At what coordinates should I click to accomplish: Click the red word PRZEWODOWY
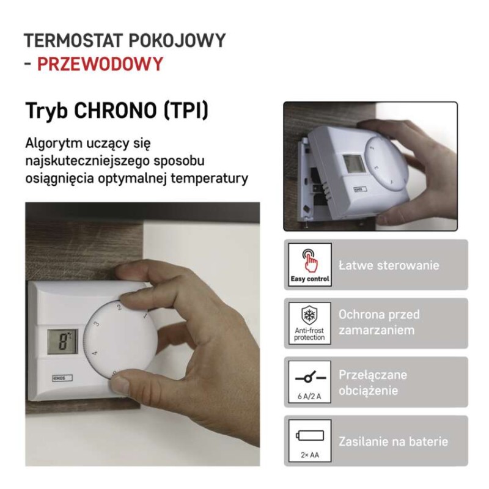[x=100, y=64]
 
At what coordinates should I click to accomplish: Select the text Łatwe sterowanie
[x=389, y=266]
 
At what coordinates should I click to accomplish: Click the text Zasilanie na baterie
[x=394, y=441]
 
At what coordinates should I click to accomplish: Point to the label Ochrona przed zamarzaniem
[x=379, y=322]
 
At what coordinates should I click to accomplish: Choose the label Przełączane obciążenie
[x=373, y=382]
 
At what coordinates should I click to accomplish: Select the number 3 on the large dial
[x=97, y=325]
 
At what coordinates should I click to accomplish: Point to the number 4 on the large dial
[x=94, y=353]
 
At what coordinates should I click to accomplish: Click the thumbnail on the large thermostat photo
[x=121, y=384]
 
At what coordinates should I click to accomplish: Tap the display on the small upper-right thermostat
[x=353, y=164]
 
